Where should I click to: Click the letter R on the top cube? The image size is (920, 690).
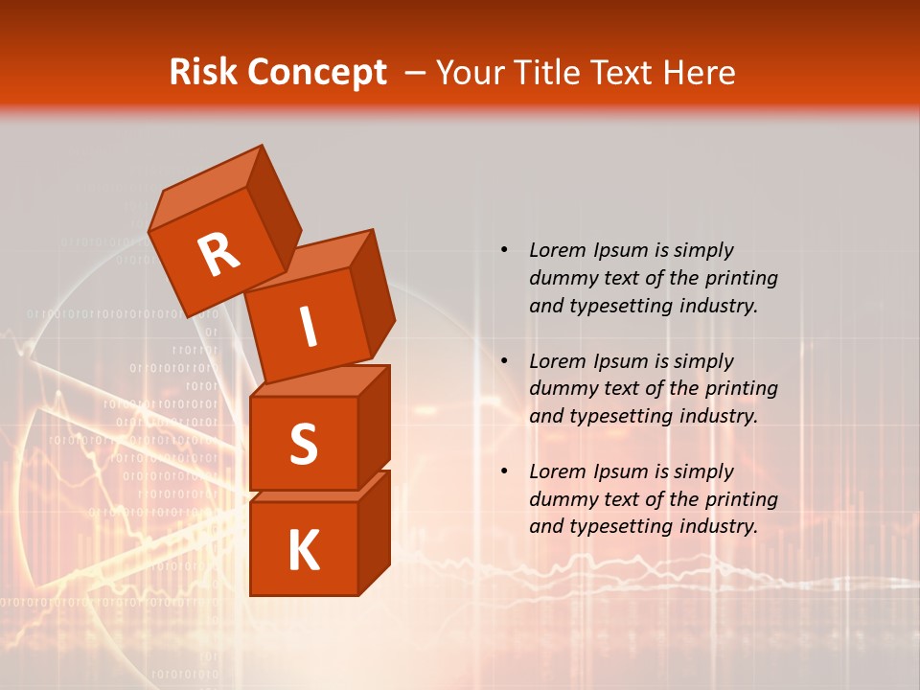(x=218, y=254)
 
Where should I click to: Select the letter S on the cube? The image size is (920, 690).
(x=303, y=444)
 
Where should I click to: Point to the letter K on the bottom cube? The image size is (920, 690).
(x=303, y=551)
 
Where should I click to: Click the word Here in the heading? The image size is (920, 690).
(x=701, y=73)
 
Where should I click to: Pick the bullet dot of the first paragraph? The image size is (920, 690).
(x=504, y=250)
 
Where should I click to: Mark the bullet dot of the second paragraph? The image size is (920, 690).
(x=504, y=361)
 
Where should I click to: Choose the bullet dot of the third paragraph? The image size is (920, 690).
(x=504, y=471)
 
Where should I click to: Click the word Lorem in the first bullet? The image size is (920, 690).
(x=555, y=250)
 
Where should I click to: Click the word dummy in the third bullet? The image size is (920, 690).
(x=560, y=499)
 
